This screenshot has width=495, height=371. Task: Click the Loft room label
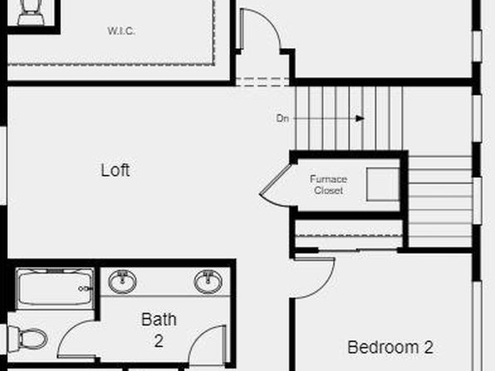click(115, 170)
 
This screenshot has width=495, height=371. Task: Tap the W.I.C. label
click(121, 31)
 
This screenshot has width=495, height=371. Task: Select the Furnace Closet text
click(328, 185)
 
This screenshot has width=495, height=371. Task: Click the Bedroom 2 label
click(390, 347)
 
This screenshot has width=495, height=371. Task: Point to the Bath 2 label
click(159, 330)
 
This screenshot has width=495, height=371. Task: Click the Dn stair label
click(282, 118)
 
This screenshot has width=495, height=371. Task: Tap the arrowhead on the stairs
click(360, 119)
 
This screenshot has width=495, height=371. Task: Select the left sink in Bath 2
click(122, 281)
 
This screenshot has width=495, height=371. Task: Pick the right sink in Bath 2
click(208, 281)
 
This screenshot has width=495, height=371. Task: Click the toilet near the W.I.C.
click(31, 12)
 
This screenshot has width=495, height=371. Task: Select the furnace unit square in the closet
click(383, 184)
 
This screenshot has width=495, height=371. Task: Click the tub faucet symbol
click(86, 289)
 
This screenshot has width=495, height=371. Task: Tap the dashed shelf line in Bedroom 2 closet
click(349, 235)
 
